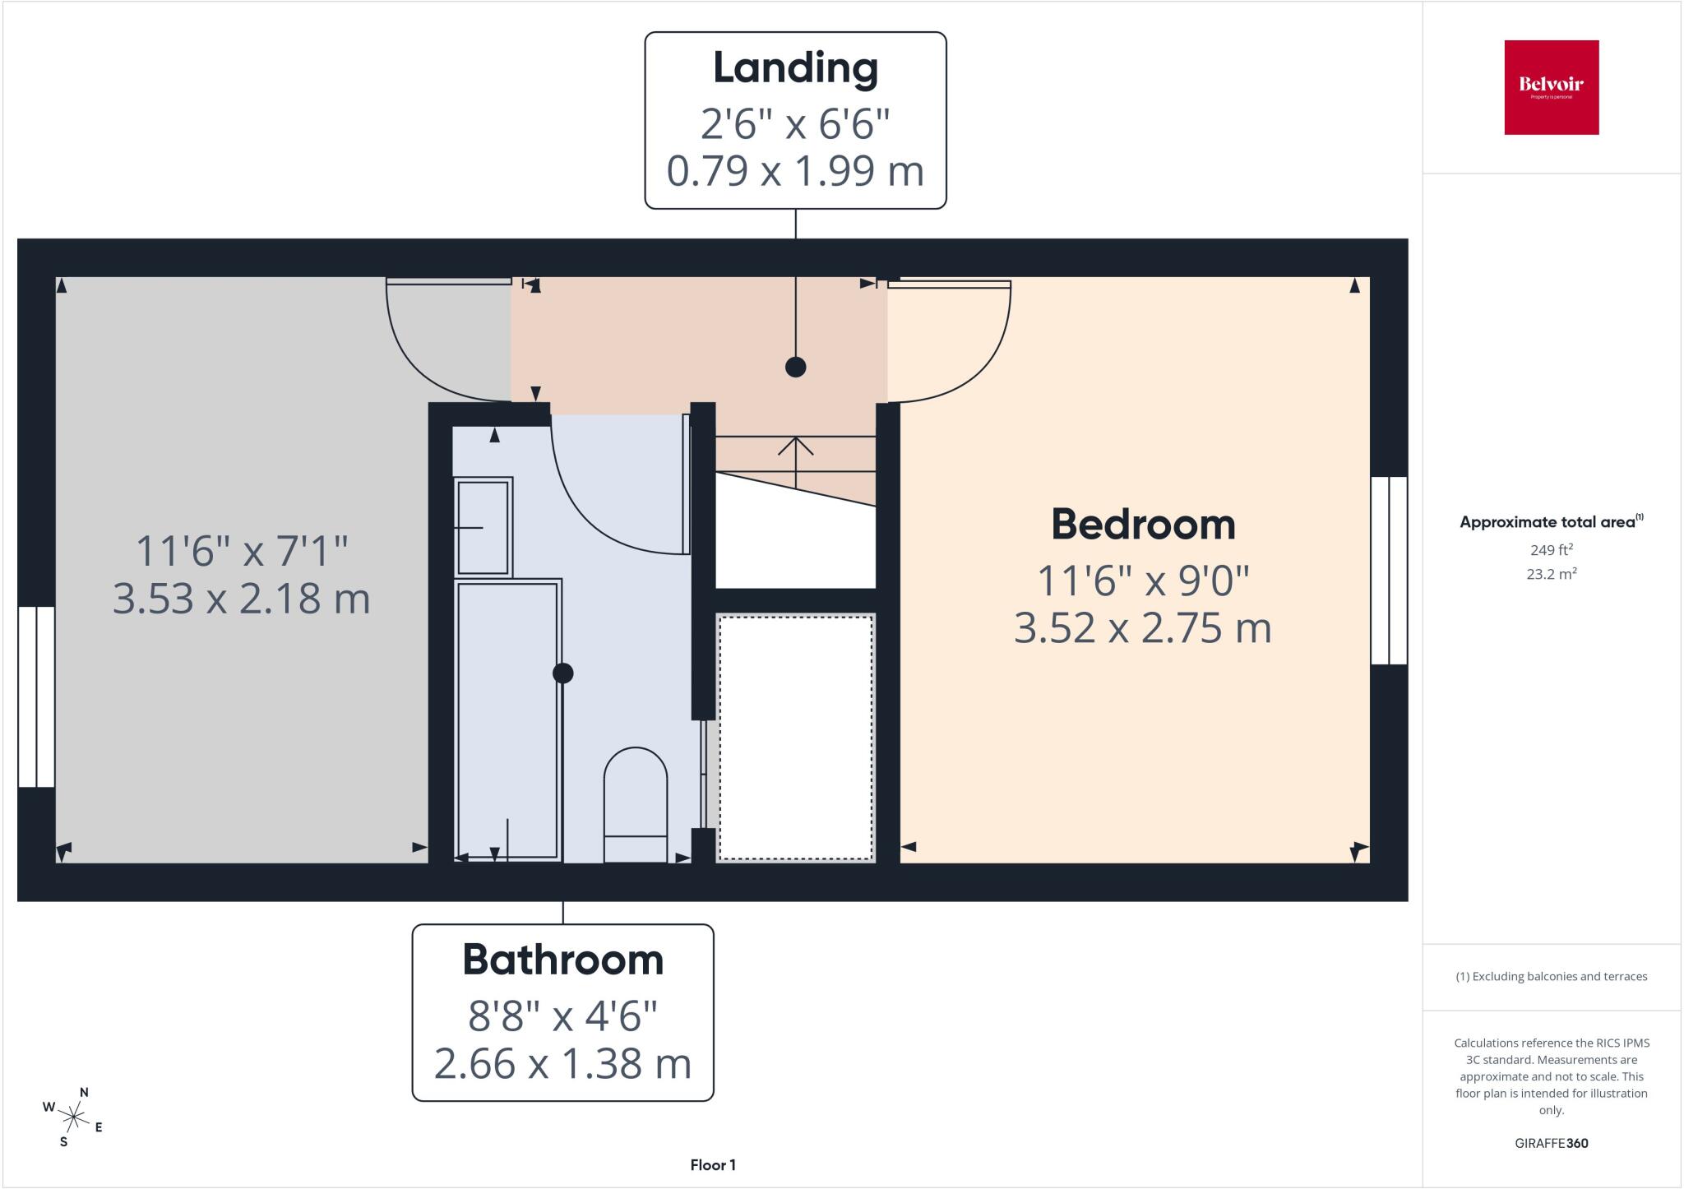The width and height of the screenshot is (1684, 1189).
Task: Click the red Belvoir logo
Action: click(x=1552, y=87)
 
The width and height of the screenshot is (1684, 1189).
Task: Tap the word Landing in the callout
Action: click(x=795, y=69)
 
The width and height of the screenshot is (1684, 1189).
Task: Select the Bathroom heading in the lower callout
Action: click(x=562, y=960)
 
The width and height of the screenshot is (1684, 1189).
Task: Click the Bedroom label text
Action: click(x=1143, y=524)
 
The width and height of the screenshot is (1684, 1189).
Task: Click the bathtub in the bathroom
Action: click(x=508, y=720)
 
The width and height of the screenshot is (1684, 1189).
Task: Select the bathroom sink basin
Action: click(x=483, y=527)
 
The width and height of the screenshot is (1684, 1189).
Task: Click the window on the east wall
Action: click(x=1390, y=571)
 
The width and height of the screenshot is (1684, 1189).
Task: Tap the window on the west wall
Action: click(x=36, y=697)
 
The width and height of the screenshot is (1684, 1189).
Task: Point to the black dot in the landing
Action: click(x=795, y=367)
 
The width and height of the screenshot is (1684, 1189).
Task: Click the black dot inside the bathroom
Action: click(x=562, y=673)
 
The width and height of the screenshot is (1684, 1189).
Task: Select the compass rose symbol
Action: click(x=74, y=1117)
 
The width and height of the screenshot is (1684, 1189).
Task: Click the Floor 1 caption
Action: click(x=713, y=1165)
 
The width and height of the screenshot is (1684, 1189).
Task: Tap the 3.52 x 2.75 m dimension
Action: click(x=1143, y=628)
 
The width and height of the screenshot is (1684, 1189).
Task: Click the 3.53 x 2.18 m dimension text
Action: click(x=241, y=599)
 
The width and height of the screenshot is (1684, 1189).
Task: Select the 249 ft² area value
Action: click(x=1551, y=550)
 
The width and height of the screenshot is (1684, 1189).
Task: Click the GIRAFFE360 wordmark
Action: click(x=1551, y=1143)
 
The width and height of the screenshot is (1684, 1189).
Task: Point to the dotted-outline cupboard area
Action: click(x=795, y=738)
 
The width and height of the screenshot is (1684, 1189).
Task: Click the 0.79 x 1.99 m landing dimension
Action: click(x=795, y=171)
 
